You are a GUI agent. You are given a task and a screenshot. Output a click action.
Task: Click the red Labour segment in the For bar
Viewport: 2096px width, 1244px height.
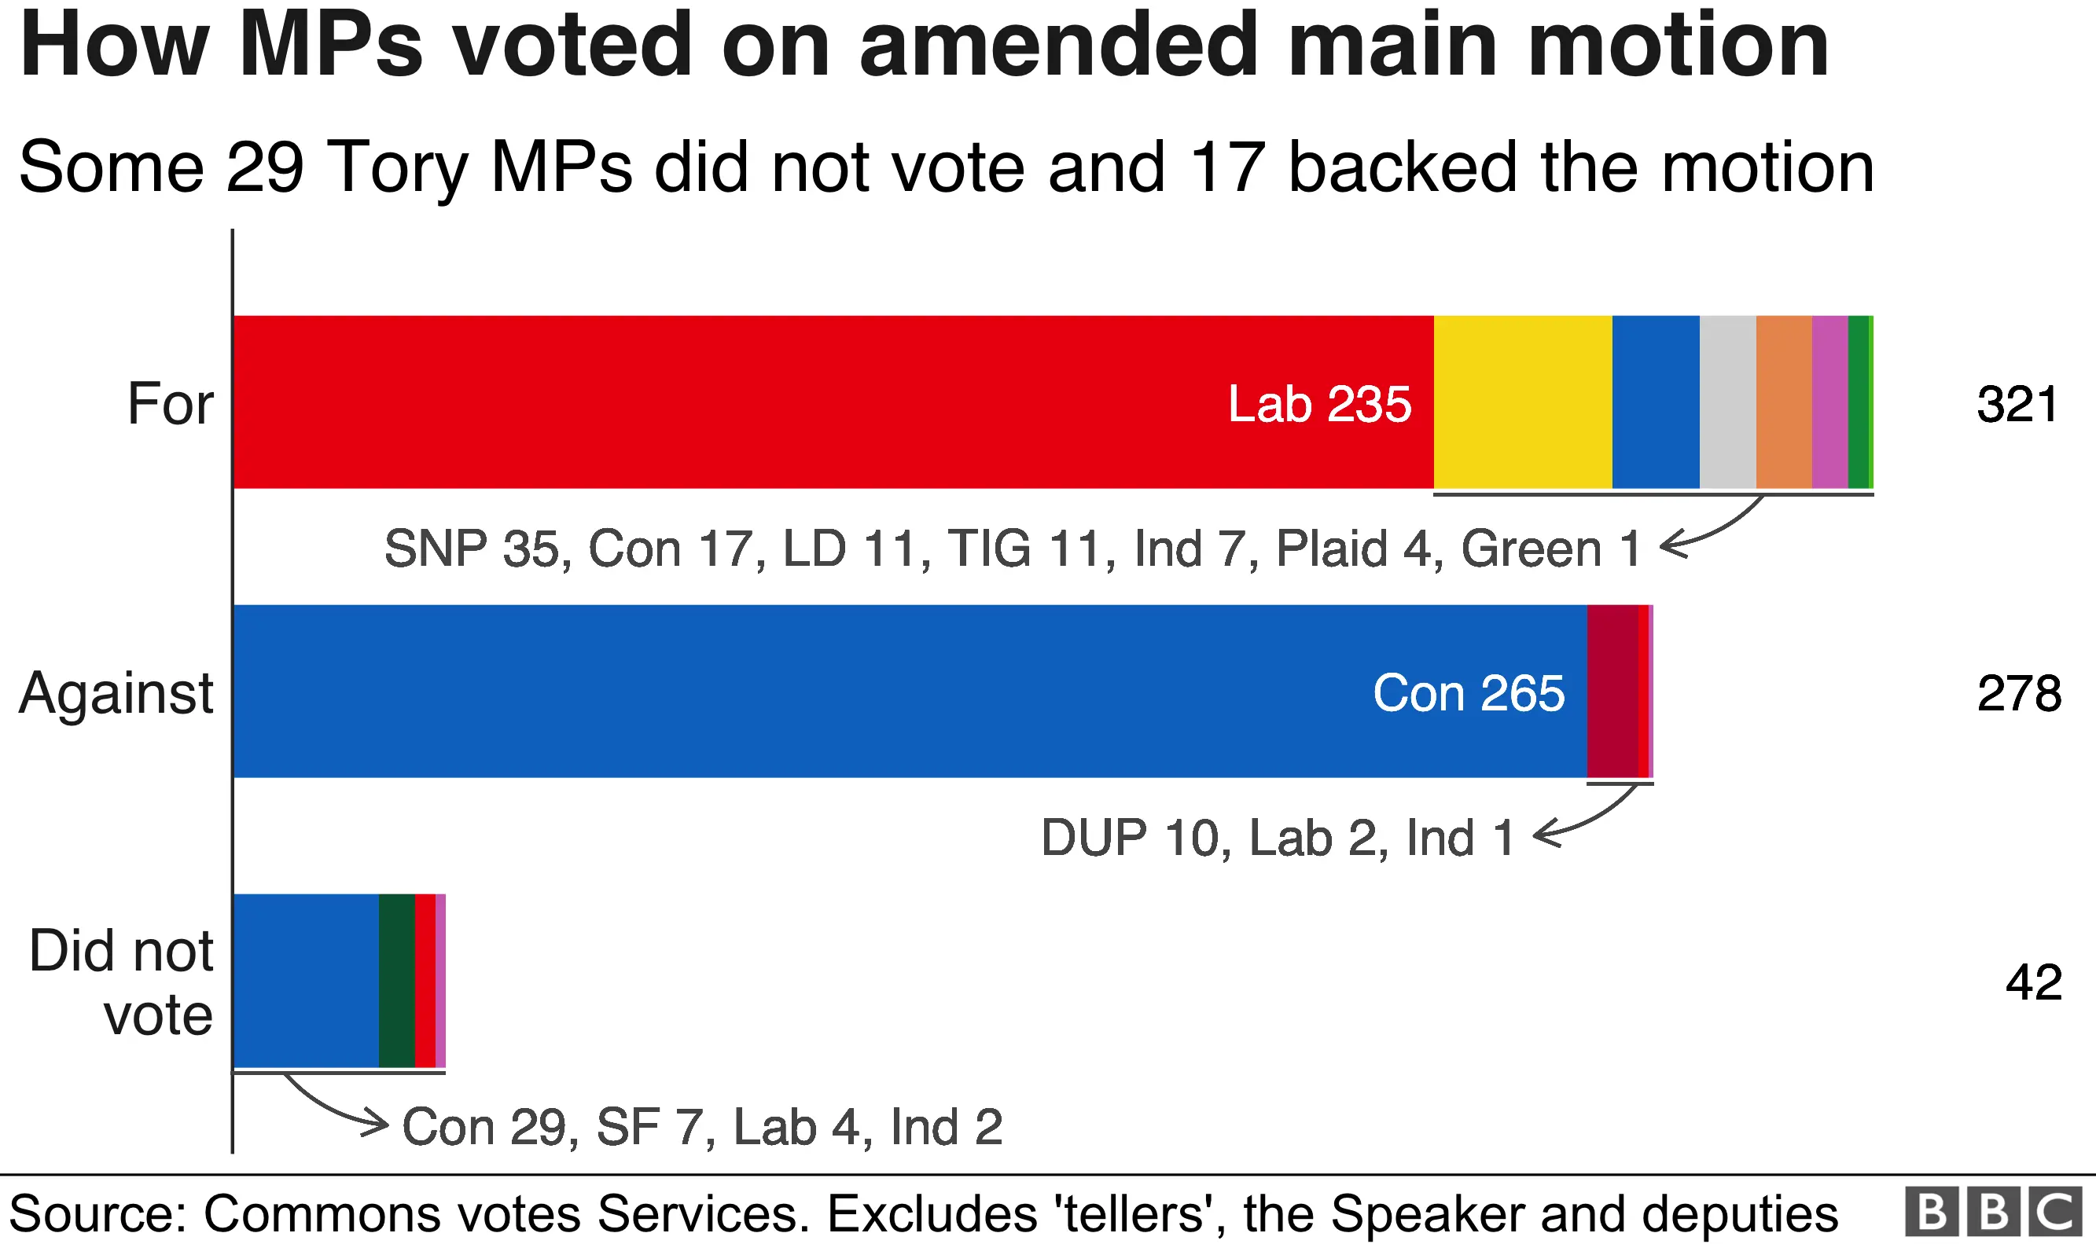pyautogui.click(x=755, y=402)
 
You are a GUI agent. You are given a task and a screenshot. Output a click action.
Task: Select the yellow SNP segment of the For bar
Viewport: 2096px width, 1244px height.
pyautogui.click(x=1523, y=402)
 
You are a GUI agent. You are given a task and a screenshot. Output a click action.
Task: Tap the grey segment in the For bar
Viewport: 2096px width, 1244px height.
pyautogui.click(x=1727, y=402)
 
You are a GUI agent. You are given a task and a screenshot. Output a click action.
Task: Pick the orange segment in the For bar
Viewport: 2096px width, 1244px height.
pyautogui.click(x=1783, y=402)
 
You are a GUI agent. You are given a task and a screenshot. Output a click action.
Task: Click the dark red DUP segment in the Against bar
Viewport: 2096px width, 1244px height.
pyautogui.click(x=1612, y=692)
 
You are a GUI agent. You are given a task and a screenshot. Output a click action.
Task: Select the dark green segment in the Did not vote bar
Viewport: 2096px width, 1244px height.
pyautogui.click(x=396, y=981)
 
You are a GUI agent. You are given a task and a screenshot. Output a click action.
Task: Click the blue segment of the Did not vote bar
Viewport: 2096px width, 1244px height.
pyautogui.click(x=306, y=981)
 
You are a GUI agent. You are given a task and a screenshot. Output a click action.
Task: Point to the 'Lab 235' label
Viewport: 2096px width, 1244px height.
pyautogui.click(x=1318, y=404)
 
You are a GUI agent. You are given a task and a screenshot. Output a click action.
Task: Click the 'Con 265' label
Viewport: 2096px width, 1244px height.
pyautogui.click(x=1468, y=693)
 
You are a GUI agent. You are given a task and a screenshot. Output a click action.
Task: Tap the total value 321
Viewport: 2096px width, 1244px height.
pyautogui.click(x=2017, y=404)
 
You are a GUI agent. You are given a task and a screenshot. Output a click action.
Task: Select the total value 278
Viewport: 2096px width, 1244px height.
pyautogui.click(x=2018, y=693)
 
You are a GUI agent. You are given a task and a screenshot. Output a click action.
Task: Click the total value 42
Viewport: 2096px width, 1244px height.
pyautogui.click(x=2032, y=982)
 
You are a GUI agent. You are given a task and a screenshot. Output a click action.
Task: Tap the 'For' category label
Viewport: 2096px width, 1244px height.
pyautogui.click(x=170, y=404)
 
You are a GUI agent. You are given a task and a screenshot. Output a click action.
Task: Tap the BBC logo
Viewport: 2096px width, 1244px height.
pyautogui.click(x=1993, y=1212)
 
